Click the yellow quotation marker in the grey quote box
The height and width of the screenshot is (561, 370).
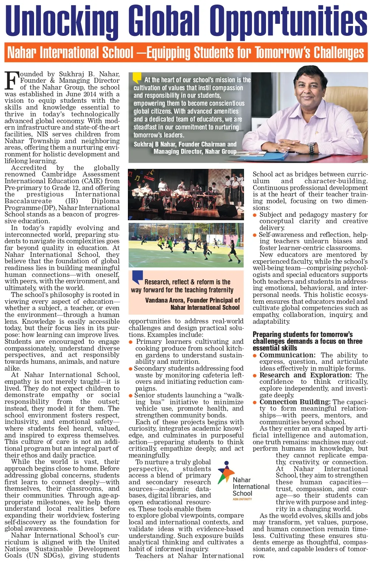(x=137, y=77)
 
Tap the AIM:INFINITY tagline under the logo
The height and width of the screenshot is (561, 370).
(x=242, y=499)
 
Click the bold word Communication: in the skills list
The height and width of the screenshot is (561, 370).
(x=287, y=355)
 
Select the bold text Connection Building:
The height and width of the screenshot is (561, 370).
(x=295, y=402)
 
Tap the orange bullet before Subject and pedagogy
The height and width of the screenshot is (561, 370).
(x=255, y=215)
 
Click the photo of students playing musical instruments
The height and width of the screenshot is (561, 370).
(x=186, y=194)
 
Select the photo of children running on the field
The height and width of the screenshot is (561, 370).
(x=186, y=245)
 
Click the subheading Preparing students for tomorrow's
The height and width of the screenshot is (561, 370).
(x=303, y=334)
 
